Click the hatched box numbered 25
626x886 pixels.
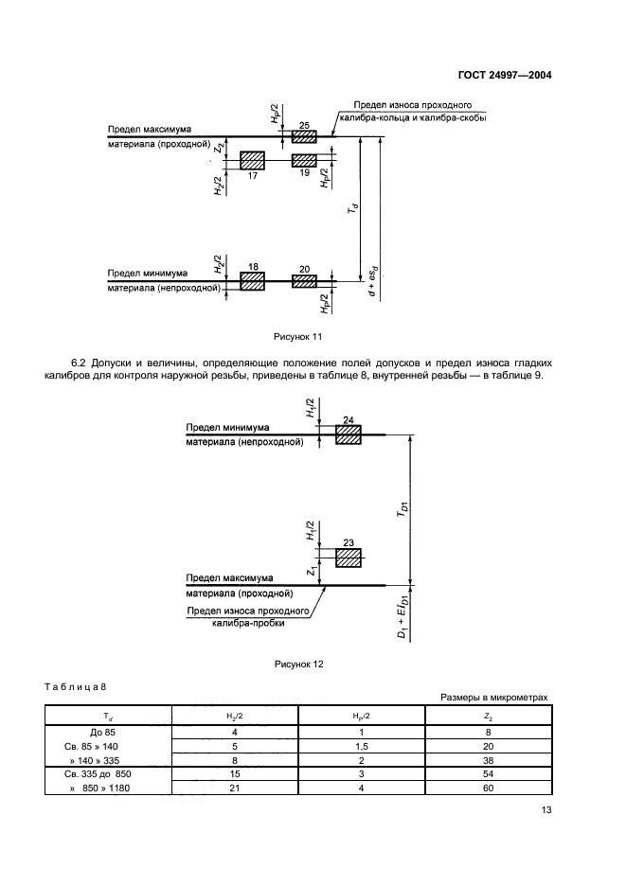(304, 137)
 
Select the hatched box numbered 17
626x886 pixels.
(252, 159)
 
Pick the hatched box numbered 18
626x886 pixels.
(252, 281)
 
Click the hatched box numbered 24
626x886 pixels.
(349, 434)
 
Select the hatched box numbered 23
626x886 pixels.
(349, 558)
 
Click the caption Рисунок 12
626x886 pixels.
(299, 664)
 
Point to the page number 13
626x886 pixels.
(546, 809)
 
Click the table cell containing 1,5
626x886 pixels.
(361, 746)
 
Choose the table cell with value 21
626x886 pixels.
(234, 788)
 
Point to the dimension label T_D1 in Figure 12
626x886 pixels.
(403, 511)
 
